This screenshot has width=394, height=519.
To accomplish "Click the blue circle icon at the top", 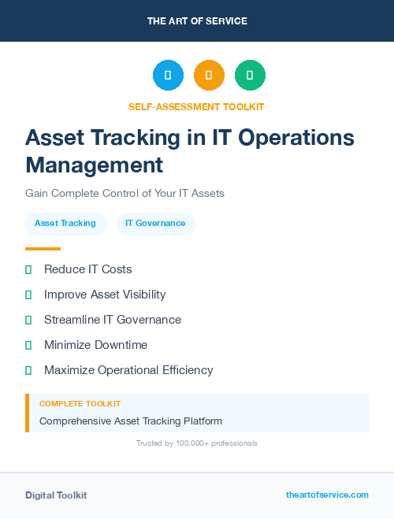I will [x=168, y=76].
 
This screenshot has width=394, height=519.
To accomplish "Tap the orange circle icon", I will [x=209, y=76].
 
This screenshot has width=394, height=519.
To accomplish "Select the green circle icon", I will [x=250, y=76].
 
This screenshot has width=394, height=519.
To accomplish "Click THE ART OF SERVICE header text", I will [x=197, y=21].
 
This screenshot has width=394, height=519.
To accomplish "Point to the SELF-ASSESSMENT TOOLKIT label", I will [x=196, y=106].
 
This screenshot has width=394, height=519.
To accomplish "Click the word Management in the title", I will [x=95, y=165].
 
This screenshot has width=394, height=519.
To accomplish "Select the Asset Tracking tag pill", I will [x=65, y=224].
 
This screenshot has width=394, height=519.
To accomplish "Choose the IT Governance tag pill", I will [x=155, y=224].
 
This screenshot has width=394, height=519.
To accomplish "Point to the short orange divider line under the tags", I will [x=43, y=249].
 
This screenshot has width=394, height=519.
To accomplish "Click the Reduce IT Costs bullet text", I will [x=87, y=269].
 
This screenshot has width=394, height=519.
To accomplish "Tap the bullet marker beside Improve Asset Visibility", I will [x=28, y=295].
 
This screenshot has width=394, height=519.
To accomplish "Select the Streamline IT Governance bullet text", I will [x=113, y=320].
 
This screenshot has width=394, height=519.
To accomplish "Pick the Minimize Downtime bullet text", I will [x=95, y=345].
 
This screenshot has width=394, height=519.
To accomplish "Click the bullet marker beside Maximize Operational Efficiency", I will [x=28, y=370].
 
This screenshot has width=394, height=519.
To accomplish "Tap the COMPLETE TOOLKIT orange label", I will [x=80, y=403].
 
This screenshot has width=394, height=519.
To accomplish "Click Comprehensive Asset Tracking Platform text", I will [x=131, y=421].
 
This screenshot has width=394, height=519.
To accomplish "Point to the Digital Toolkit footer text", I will [x=56, y=495].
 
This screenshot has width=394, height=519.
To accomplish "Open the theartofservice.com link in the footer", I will [x=327, y=495].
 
